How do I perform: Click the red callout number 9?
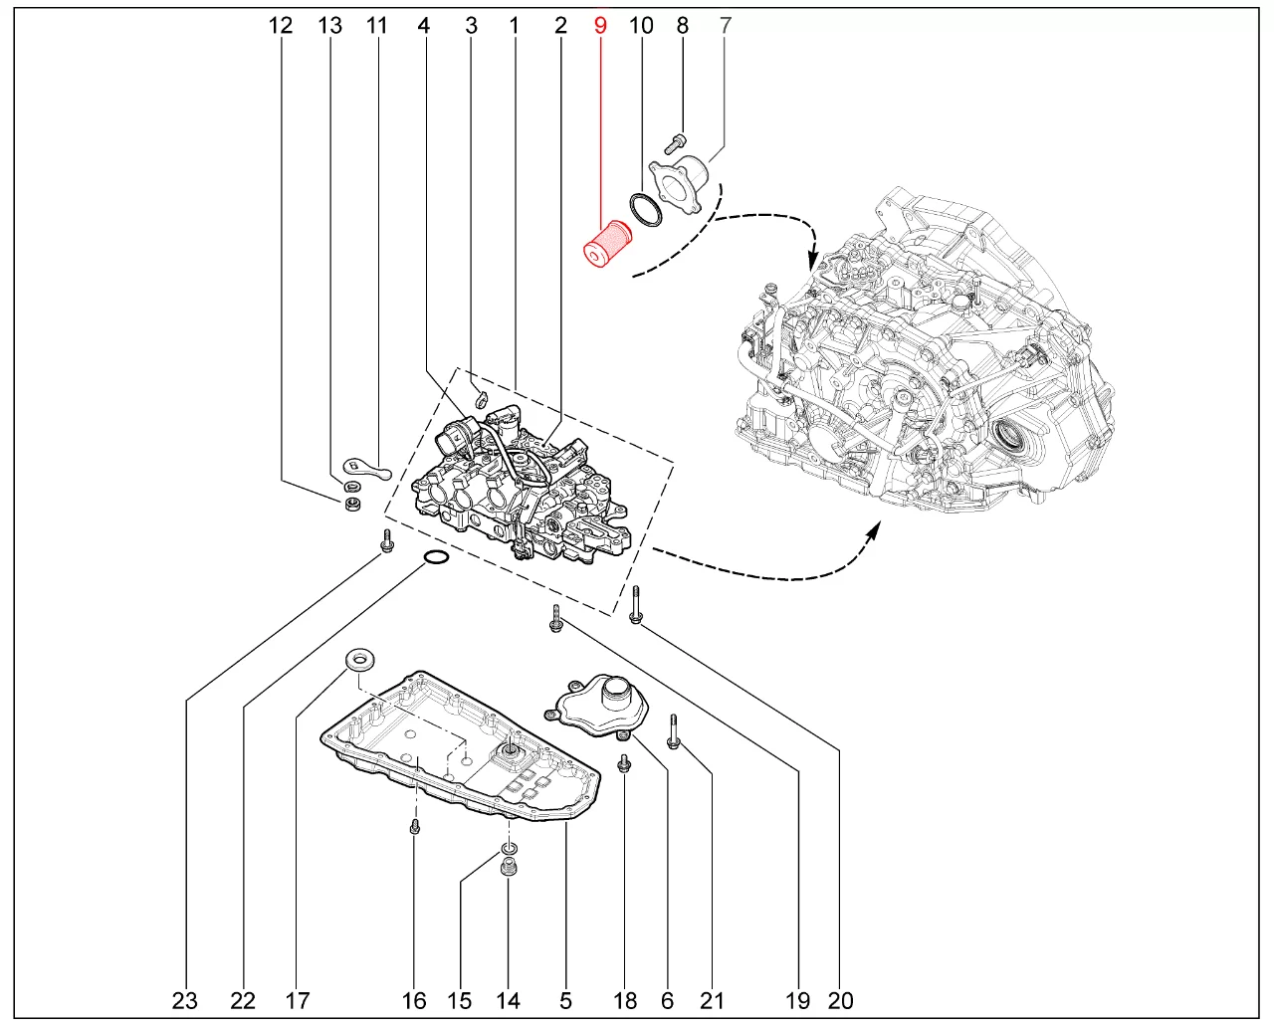pos(600,25)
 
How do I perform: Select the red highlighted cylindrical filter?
pos(607,244)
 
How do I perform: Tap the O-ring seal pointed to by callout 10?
pos(646,210)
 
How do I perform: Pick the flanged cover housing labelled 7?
pos(680,182)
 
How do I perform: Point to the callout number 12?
pos(280,25)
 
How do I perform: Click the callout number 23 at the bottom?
pos(185,1000)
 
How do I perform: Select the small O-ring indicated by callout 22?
pos(436,557)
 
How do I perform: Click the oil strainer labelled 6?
pos(597,707)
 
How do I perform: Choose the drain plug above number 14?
pos(509,867)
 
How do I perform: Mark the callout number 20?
pos(840,1000)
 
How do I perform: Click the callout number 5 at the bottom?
pos(565,1000)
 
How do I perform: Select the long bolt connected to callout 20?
pos(636,604)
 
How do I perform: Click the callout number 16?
pos(414,1000)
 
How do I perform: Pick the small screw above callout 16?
pos(415,827)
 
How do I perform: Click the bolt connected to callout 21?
pos(674,731)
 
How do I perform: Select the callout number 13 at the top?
pos(329,25)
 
